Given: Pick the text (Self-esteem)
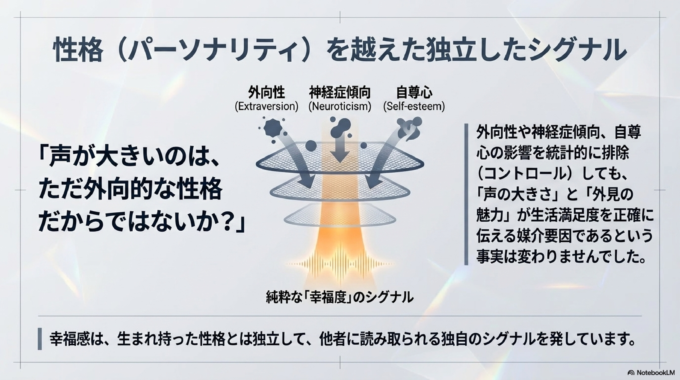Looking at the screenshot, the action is pos(414,106).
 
